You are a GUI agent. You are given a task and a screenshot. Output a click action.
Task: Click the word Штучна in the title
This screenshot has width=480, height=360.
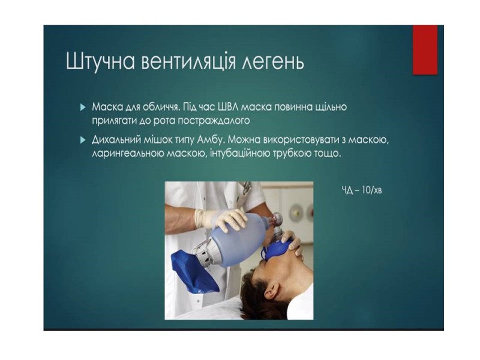pos(100,62)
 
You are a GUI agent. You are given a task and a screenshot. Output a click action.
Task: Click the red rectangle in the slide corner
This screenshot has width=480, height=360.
pos(425,50)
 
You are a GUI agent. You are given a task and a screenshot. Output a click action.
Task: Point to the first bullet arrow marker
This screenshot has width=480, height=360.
pos(82,107)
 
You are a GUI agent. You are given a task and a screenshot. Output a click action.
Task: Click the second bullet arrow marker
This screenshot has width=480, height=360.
pos(82,140)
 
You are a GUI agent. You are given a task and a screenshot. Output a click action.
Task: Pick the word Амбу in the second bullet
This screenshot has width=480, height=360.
pos(211,140)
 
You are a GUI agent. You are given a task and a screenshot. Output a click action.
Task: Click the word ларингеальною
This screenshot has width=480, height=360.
pos(128,154)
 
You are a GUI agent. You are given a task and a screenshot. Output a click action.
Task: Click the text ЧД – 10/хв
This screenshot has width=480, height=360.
pos(362,190)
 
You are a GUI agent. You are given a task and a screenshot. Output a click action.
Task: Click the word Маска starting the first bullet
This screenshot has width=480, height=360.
pos(105,107)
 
